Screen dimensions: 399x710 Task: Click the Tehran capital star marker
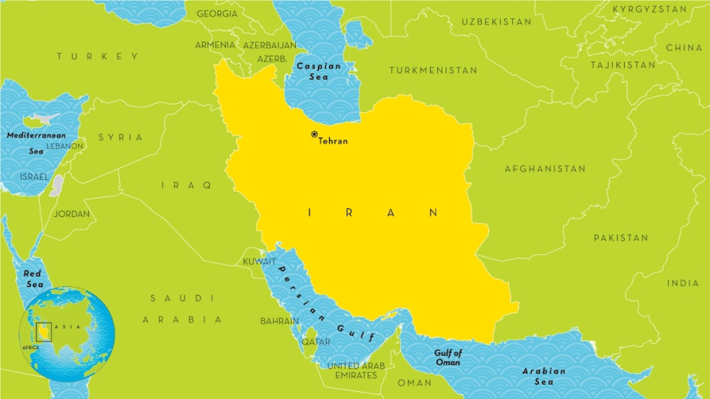314,135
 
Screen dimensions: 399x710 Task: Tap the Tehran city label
332,142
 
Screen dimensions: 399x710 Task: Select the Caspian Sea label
318,72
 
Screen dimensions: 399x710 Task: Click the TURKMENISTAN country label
433,70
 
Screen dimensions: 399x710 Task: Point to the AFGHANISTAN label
545,169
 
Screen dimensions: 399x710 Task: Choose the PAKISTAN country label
621,237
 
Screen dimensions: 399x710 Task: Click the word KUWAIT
260,261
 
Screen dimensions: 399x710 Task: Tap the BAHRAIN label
280,321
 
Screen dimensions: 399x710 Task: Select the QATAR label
316,342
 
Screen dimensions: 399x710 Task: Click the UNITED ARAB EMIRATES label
355,371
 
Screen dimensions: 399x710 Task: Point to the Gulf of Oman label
447,358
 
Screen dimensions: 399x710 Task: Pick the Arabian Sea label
544,376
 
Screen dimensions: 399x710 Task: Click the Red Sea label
33,278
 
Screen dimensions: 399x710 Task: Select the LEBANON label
65,146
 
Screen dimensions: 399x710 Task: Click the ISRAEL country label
34,177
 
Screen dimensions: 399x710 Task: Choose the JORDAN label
72,214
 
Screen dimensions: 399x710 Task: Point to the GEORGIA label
217,14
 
